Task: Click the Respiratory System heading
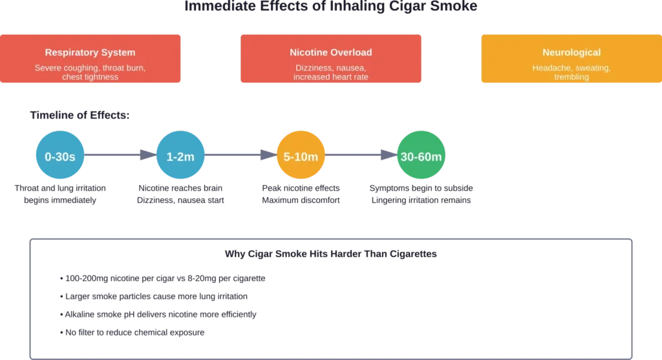click(x=90, y=52)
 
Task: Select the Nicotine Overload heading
click(x=330, y=52)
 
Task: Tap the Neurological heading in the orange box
click(x=571, y=52)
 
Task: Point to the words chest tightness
click(x=90, y=77)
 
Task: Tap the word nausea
click(x=352, y=68)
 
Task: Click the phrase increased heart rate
click(x=330, y=77)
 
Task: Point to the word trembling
click(x=571, y=77)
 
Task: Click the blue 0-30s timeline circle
click(x=59, y=156)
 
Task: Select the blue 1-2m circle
click(x=180, y=156)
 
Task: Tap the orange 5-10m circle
click(x=300, y=156)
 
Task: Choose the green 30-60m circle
click(x=420, y=156)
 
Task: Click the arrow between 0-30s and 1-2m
click(x=119, y=156)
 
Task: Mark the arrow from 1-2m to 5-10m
click(x=239, y=156)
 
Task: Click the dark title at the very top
click(x=330, y=8)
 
